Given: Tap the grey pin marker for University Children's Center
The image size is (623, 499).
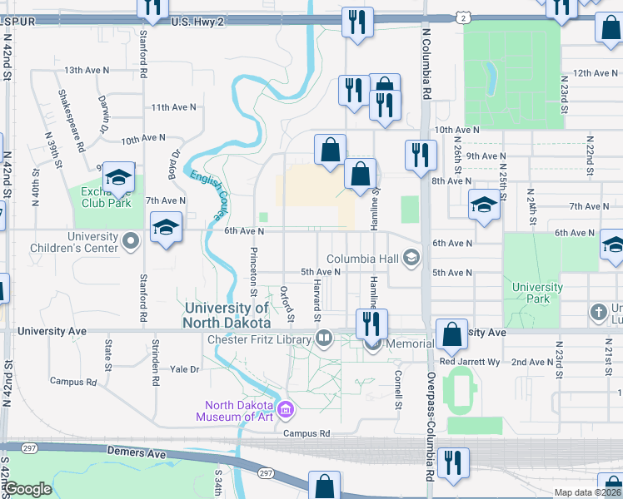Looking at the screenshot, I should [130, 241].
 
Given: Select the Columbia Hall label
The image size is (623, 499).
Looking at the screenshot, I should [363, 259].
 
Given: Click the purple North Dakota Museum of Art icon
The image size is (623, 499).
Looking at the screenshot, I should [286, 409].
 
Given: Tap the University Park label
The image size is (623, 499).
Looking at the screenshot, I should [536, 293].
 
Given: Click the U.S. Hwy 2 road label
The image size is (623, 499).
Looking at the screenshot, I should [197, 22].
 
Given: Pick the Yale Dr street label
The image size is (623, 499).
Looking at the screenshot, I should [185, 368].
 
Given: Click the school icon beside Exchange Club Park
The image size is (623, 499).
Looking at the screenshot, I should [118, 178].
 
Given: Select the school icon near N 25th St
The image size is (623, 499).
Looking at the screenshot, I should [484, 205].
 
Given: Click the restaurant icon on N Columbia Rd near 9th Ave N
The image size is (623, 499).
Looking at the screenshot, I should [419, 155].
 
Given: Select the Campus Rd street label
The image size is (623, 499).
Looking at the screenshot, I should [307, 433].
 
